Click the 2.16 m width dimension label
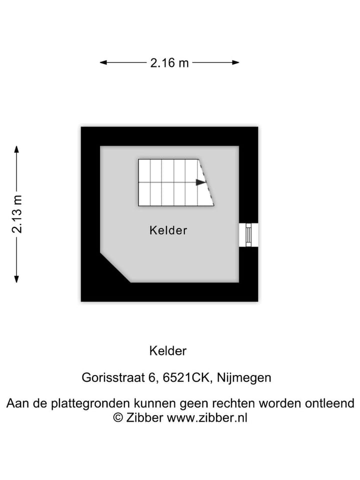point(169,63)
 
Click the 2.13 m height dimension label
point(17,214)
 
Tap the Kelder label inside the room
point(168,230)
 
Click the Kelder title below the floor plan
point(168,351)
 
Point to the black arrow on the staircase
point(201,182)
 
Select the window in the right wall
point(248,235)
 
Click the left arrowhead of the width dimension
point(103,62)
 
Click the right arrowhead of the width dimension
point(235,62)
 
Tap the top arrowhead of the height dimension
point(16,149)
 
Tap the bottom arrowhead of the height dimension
point(16,279)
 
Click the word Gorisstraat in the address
point(113,377)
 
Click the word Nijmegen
point(244,378)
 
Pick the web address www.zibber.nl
point(207,417)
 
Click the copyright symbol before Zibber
point(118,417)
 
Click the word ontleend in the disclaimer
point(329,403)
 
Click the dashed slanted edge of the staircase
point(206,182)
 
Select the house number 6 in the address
point(151,377)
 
